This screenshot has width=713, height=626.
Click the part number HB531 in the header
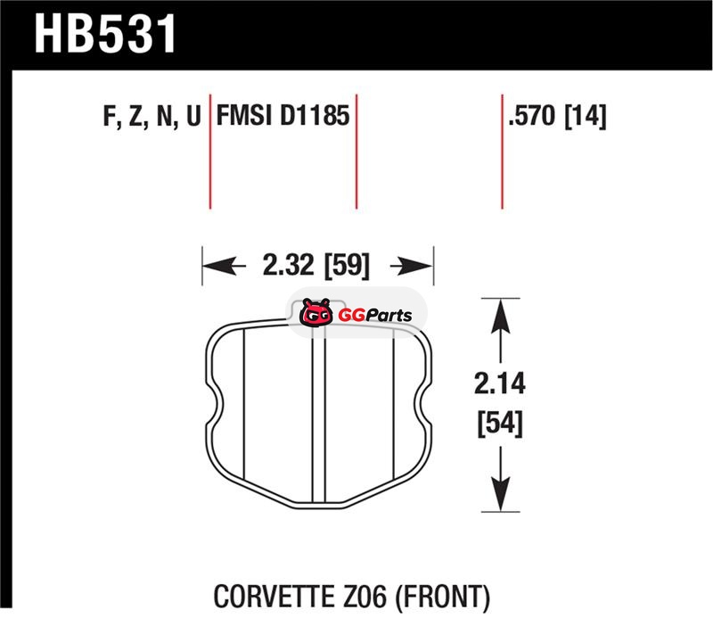(105, 34)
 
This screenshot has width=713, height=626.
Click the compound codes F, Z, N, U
(152, 116)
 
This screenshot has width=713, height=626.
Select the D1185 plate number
(315, 115)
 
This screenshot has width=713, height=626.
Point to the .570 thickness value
(532, 115)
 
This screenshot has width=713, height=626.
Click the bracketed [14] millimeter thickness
(586, 116)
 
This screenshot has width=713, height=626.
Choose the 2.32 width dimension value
(288, 265)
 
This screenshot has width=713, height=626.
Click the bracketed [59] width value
(347, 265)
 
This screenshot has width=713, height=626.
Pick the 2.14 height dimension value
(500, 383)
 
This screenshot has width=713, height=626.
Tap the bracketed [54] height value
(500, 424)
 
